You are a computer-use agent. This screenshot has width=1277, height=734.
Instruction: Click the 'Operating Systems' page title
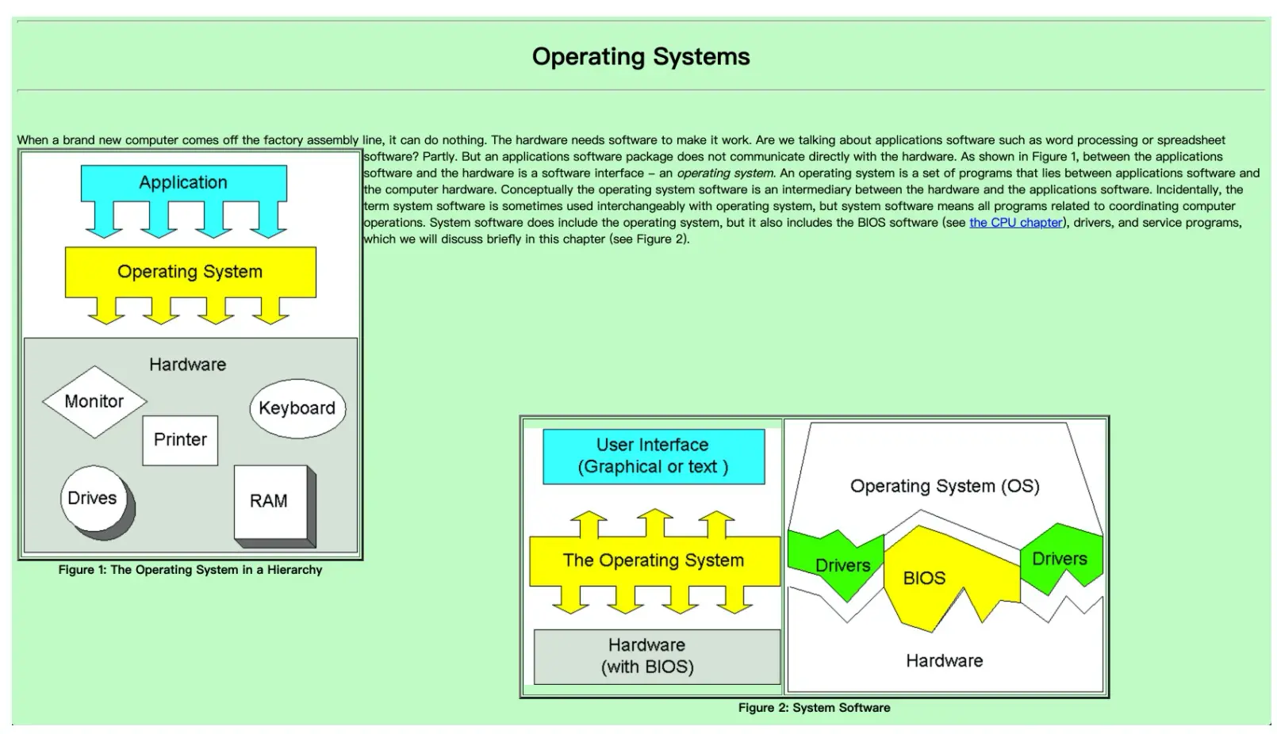pyautogui.click(x=641, y=57)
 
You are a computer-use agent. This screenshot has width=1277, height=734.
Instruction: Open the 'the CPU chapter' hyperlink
pyautogui.click(x=1016, y=222)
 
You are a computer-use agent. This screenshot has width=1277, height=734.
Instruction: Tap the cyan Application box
pyautogui.click(x=183, y=183)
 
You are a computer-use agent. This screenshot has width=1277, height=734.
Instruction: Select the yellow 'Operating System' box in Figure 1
pyautogui.click(x=190, y=272)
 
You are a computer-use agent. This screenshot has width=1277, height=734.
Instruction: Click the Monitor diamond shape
pyautogui.click(x=94, y=402)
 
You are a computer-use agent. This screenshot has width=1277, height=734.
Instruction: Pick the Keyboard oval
pyautogui.click(x=297, y=408)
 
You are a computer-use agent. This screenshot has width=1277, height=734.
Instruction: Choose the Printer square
pyautogui.click(x=180, y=440)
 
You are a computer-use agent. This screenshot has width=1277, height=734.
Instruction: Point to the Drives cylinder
pyautogui.click(x=97, y=503)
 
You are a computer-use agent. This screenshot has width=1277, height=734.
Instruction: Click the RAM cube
pyautogui.click(x=274, y=506)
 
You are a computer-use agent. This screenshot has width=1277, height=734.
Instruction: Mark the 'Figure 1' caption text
pyautogui.click(x=190, y=570)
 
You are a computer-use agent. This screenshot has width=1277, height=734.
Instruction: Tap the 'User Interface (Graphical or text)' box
pyautogui.click(x=654, y=457)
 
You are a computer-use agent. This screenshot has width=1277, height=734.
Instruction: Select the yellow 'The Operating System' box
pyautogui.click(x=654, y=560)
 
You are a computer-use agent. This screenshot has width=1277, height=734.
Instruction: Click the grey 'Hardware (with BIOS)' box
pyautogui.click(x=657, y=656)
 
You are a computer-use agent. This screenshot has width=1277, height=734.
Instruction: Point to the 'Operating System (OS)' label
pyautogui.click(x=945, y=486)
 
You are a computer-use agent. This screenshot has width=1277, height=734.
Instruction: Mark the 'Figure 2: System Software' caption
pyautogui.click(x=814, y=708)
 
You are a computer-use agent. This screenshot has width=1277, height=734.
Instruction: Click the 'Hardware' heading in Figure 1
pyautogui.click(x=187, y=365)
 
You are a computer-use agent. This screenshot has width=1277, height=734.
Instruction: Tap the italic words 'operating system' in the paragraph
pyautogui.click(x=725, y=173)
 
